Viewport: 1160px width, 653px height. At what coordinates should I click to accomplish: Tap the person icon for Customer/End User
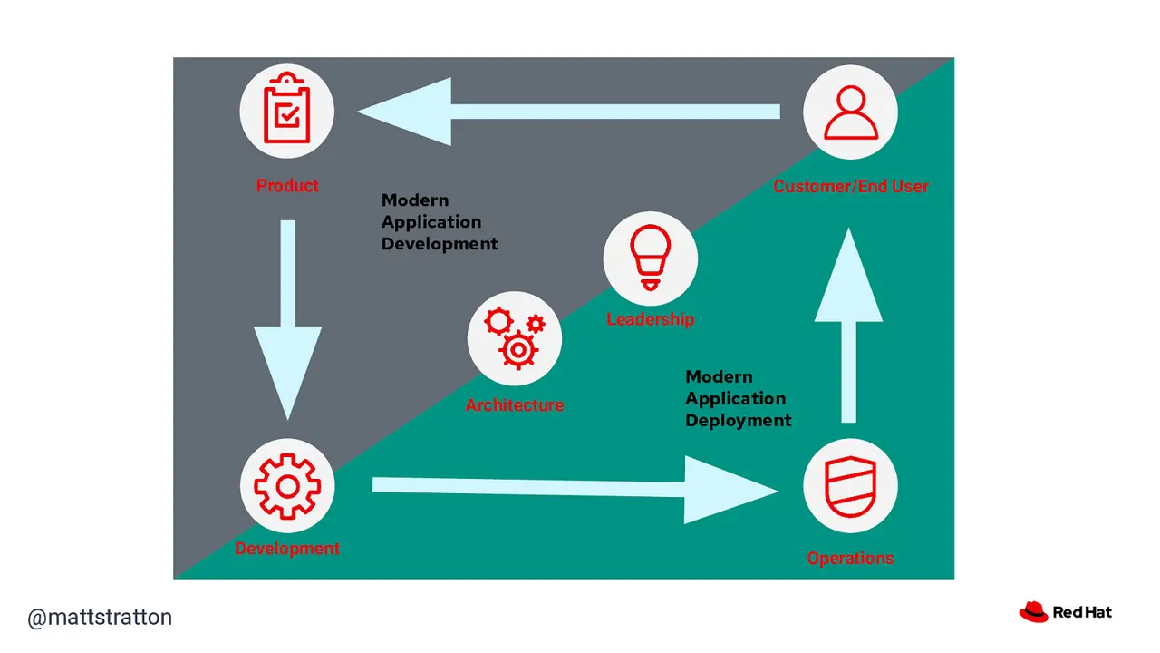[x=850, y=112]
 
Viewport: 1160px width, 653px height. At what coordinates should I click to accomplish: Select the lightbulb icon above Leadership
[x=651, y=258]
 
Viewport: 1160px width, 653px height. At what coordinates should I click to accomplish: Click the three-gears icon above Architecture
[x=515, y=338]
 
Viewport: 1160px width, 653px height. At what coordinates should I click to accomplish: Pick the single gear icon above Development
[x=287, y=486]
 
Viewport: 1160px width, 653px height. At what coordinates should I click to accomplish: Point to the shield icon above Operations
[x=850, y=486]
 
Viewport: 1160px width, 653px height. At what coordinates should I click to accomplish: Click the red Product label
[x=287, y=186]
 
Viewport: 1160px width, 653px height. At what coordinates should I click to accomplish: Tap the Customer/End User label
[x=850, y=186]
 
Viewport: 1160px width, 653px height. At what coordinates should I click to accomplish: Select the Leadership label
[x=651, y=319]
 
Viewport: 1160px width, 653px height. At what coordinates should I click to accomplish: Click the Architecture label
[x=514, y=404]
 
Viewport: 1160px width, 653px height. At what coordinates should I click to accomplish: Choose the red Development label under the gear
[x=287, y=549]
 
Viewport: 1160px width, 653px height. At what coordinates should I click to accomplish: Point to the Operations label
[x=850, y=558]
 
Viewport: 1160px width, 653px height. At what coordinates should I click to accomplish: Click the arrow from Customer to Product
[x=568, y=112]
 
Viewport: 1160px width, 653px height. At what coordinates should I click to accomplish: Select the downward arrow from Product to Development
[x=288, y=320]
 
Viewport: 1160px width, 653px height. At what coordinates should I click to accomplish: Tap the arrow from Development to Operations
[x=575, y=489]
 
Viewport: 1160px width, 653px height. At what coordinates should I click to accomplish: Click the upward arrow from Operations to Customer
[x=848, y=326]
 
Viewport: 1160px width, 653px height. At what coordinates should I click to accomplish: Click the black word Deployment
[x=738, y=420]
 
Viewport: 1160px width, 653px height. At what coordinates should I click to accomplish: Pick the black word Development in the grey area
[x=440, y=244]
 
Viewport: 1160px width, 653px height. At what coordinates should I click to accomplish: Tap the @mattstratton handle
[x=100, y=618]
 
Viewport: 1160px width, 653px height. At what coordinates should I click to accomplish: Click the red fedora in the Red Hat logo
[x=1033, y=612]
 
